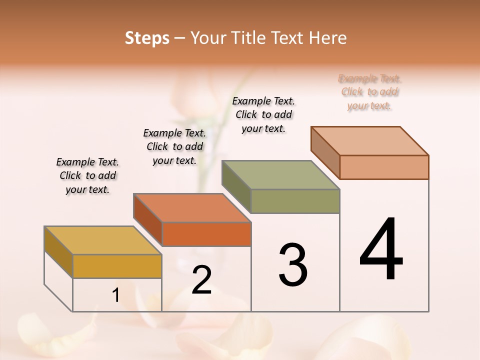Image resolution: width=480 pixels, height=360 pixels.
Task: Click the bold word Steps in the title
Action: pos(147,38)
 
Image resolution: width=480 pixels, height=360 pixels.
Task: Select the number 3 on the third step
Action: pos(292,265)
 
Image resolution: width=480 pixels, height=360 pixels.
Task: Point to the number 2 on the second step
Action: pos(201,280)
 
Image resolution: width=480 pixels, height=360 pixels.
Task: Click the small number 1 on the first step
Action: pos(116,295)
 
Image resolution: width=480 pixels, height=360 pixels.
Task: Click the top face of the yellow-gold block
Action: pos(102,240)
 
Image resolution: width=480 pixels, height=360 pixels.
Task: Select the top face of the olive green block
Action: pos(280,175)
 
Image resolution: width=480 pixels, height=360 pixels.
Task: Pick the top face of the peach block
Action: pos(369,141)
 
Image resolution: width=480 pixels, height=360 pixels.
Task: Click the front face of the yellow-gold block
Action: pos(117,266)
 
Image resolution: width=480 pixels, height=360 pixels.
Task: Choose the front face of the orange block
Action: pos(206,234)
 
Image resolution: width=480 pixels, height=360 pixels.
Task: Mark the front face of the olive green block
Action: pos(295,201)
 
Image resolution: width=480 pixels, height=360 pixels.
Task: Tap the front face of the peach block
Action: pos(384,167)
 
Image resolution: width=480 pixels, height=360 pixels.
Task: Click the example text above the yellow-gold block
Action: pos(87,175)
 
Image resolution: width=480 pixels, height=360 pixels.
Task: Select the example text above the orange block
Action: pos(174,146)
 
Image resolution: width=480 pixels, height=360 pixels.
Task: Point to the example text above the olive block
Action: pos(263,114)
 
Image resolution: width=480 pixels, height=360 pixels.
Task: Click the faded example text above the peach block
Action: pos(369,92)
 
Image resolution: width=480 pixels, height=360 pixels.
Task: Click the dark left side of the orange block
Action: pos(147,219)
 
